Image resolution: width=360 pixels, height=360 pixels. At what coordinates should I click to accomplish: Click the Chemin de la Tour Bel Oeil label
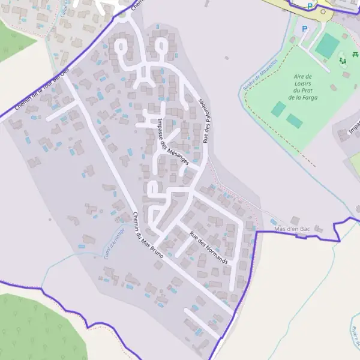(x=39, y=89)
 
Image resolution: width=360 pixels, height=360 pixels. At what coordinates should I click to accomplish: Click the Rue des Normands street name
(x=209, y=248)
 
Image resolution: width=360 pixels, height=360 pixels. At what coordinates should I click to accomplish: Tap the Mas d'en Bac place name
(x=292, y=229)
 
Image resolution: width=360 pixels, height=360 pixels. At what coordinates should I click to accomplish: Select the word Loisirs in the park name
(x=302, y=83)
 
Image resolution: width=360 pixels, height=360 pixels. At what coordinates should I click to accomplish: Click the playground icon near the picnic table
(x=343, y=60)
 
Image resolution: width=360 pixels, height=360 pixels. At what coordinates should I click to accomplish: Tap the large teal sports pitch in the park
(x=327, y=46)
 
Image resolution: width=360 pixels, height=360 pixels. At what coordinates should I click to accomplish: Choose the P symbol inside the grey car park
(x=304, y=28)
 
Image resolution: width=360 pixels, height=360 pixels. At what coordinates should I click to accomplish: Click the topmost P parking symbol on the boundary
(x=310, y=6)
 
